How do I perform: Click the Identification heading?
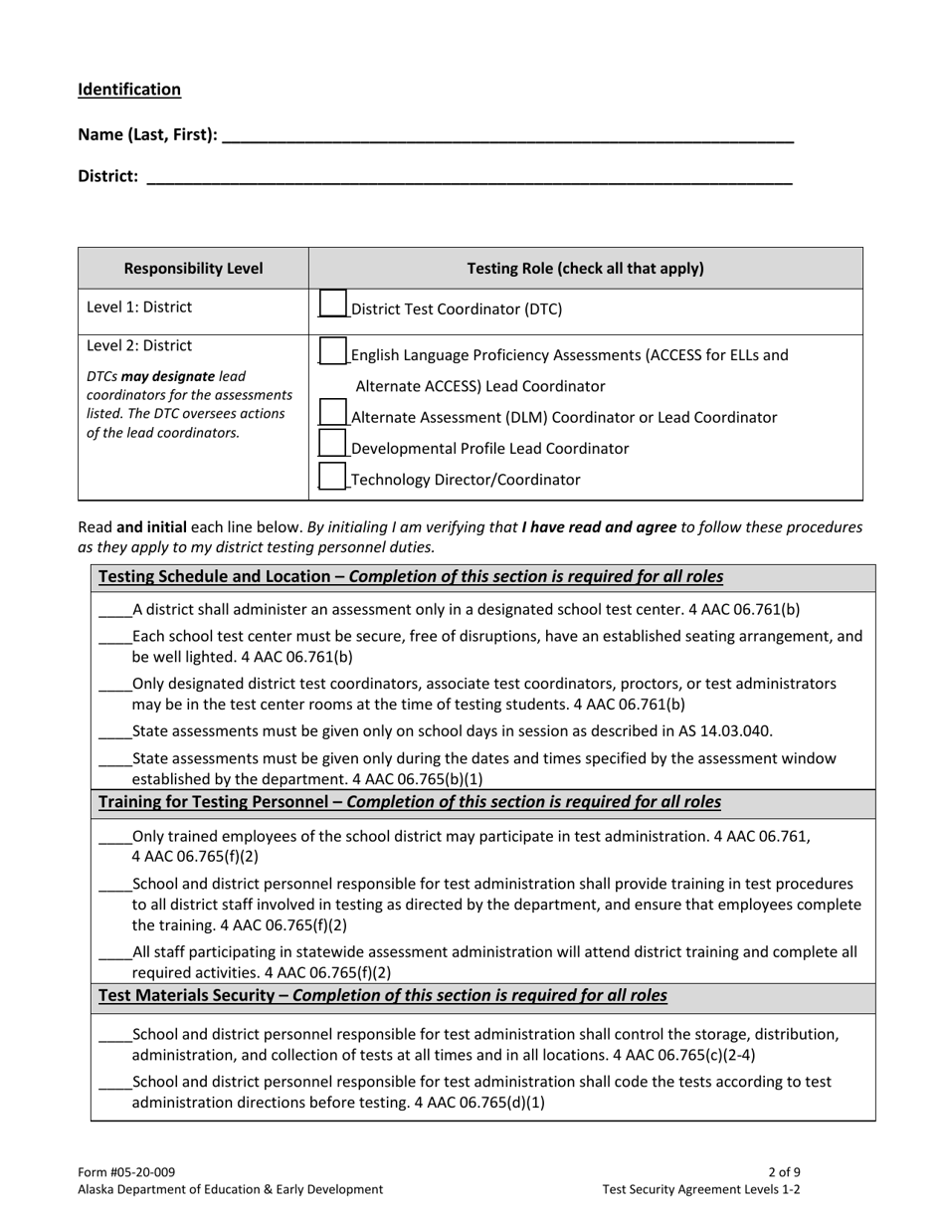point(129,90)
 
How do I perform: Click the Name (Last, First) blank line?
point(507,136)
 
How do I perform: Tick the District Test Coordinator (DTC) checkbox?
point(333,304)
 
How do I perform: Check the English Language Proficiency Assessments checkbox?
point(333,350)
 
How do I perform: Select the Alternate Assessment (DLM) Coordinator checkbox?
point(333,413)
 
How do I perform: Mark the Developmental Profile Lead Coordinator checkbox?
point(333,445)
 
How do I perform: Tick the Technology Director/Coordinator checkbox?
point(333,476)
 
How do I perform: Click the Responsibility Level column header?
point(193,269)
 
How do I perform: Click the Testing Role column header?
point(585,269)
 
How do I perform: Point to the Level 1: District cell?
point(140,307)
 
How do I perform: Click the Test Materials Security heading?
point(195,995)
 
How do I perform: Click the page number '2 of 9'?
point(784,1172)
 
